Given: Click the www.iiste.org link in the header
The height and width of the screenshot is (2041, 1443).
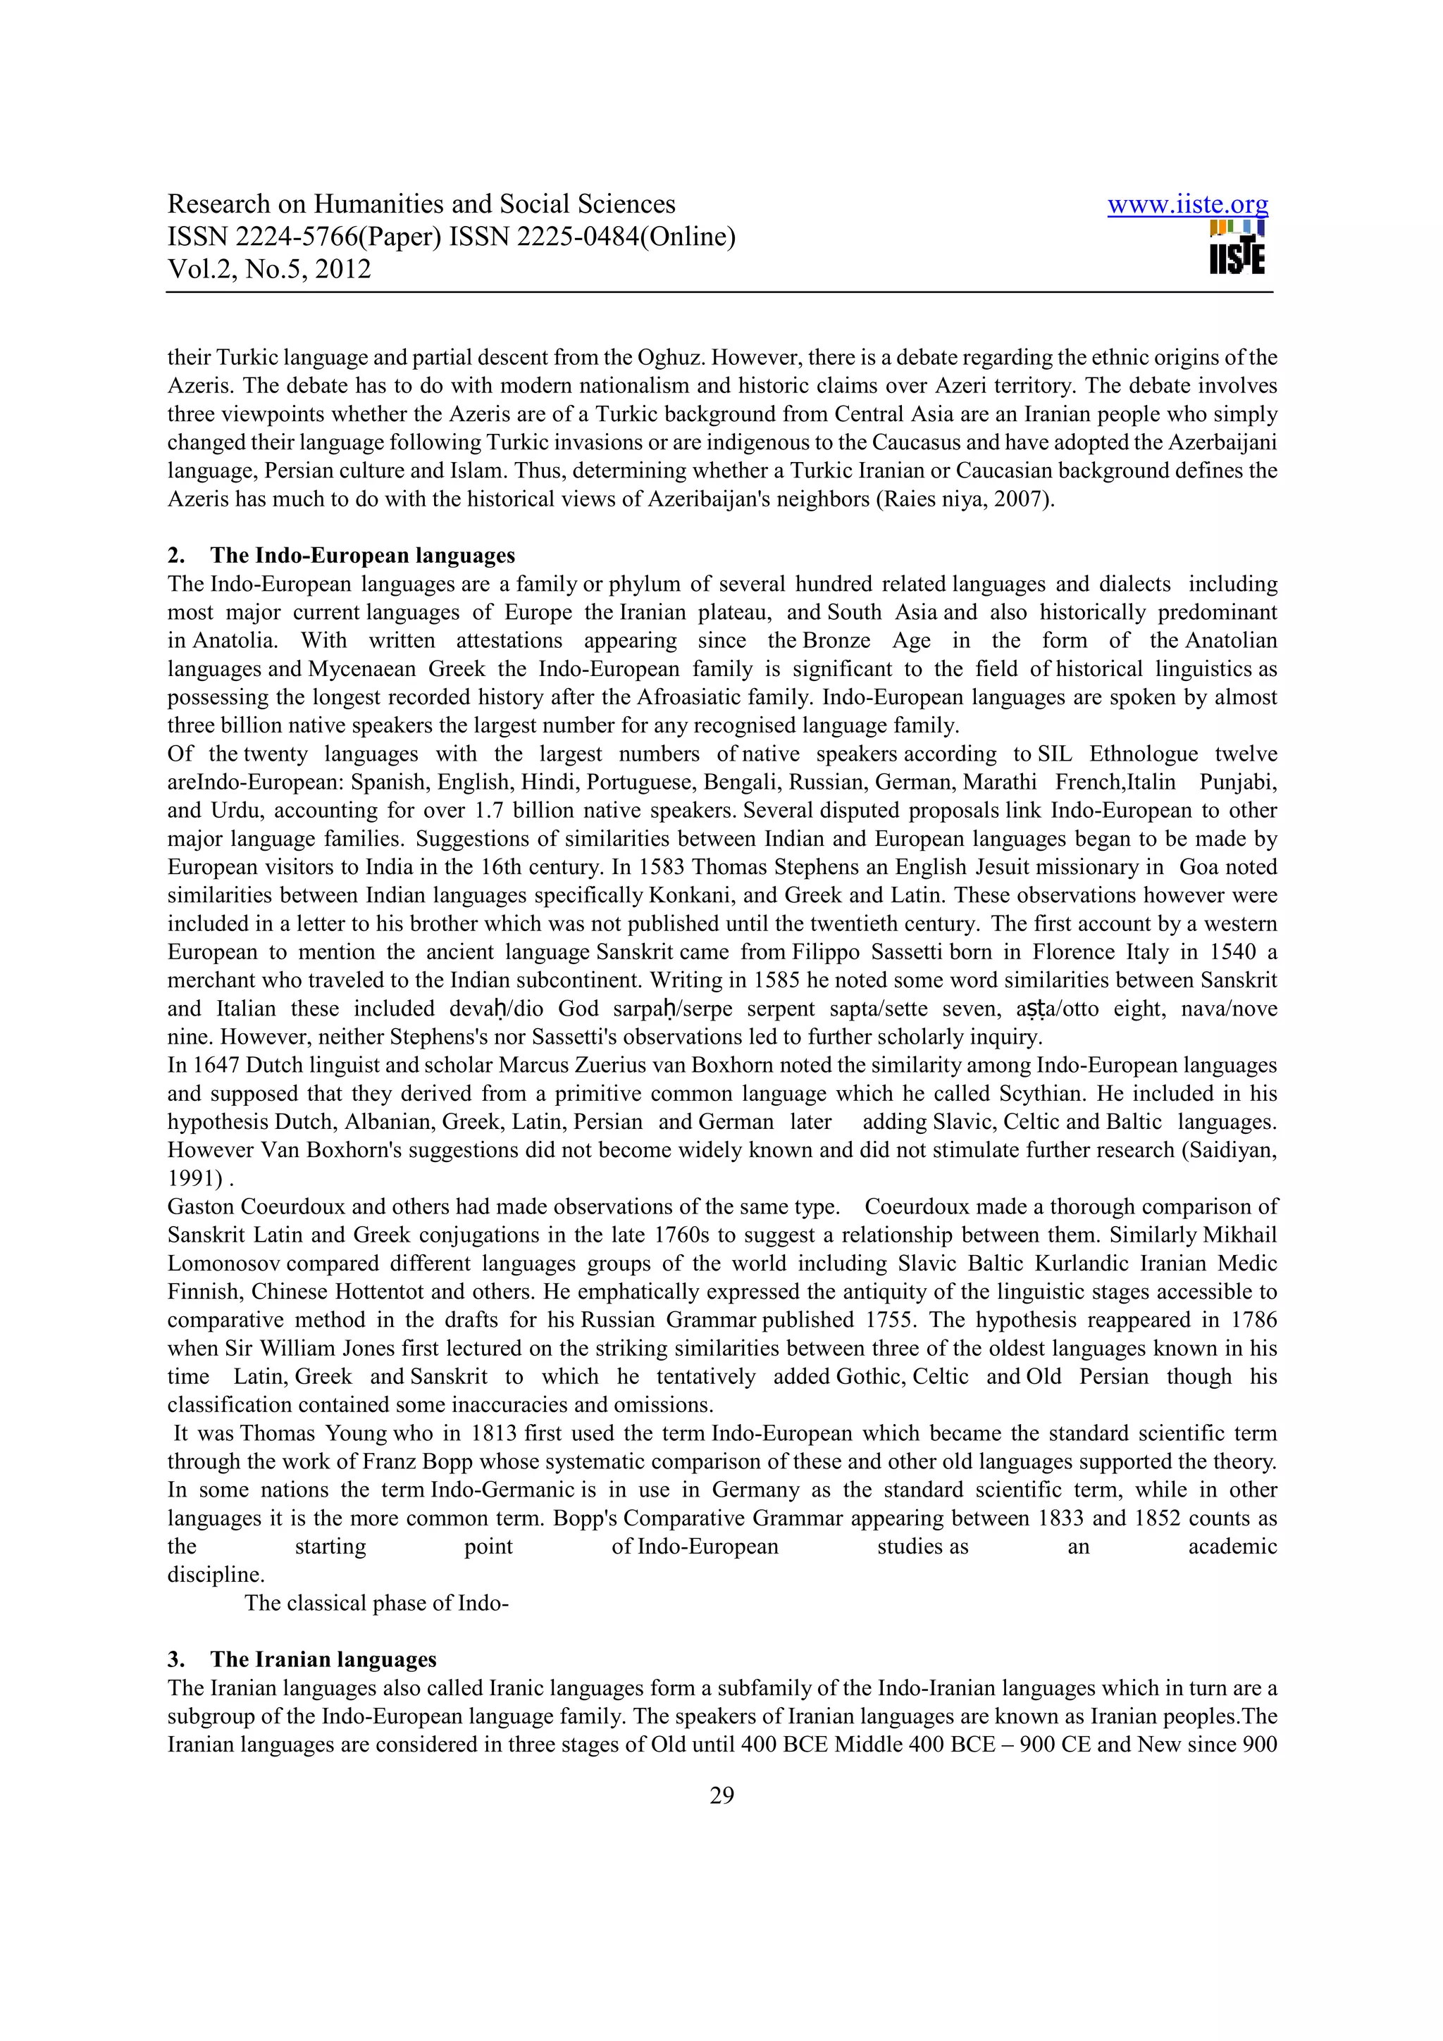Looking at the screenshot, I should click(x=1187, y=206).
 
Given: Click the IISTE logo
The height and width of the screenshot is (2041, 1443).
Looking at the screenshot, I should click(x=1237, y=248).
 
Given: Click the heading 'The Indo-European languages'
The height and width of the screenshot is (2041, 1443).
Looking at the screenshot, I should click(x=362, y=556).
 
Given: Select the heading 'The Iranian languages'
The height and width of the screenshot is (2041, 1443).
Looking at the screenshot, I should click(x=323, y=1660).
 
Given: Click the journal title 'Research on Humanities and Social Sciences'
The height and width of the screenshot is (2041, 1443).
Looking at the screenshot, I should click(x=421, y=204).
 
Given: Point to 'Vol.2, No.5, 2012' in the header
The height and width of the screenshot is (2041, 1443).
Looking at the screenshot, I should click(x=269, y=269).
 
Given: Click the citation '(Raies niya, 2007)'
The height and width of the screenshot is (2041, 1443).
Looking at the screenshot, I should click(x=965, y=499).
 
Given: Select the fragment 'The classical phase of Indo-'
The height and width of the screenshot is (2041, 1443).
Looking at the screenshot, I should click(x=376, y=1603).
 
